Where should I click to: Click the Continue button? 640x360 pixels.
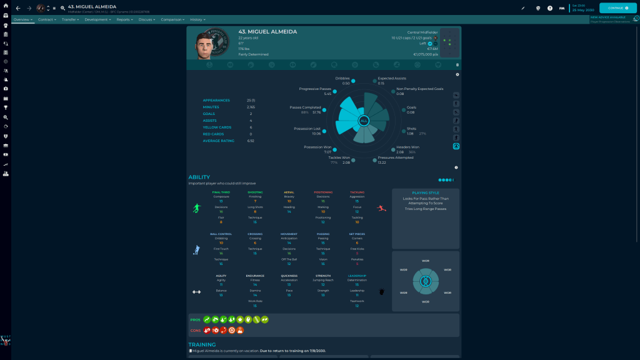point(617,8)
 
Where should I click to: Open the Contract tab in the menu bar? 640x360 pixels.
point(46,19)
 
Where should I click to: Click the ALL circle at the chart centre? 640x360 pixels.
point(364,121)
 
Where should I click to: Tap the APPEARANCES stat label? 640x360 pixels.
point(216,100)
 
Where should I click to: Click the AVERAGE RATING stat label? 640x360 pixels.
point(218,141)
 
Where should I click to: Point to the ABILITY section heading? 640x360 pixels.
point(199,177)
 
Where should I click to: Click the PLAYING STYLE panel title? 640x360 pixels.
point(425,193)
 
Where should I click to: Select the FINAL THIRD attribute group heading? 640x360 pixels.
point(221,192)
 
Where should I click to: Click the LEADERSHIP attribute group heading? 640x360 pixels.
point(357,276)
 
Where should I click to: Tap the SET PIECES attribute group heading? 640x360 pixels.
point(357,234)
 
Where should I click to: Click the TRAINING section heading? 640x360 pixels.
point(202,344)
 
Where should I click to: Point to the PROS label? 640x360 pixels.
point(196,320)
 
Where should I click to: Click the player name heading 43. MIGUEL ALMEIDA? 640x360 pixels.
point(267,31)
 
